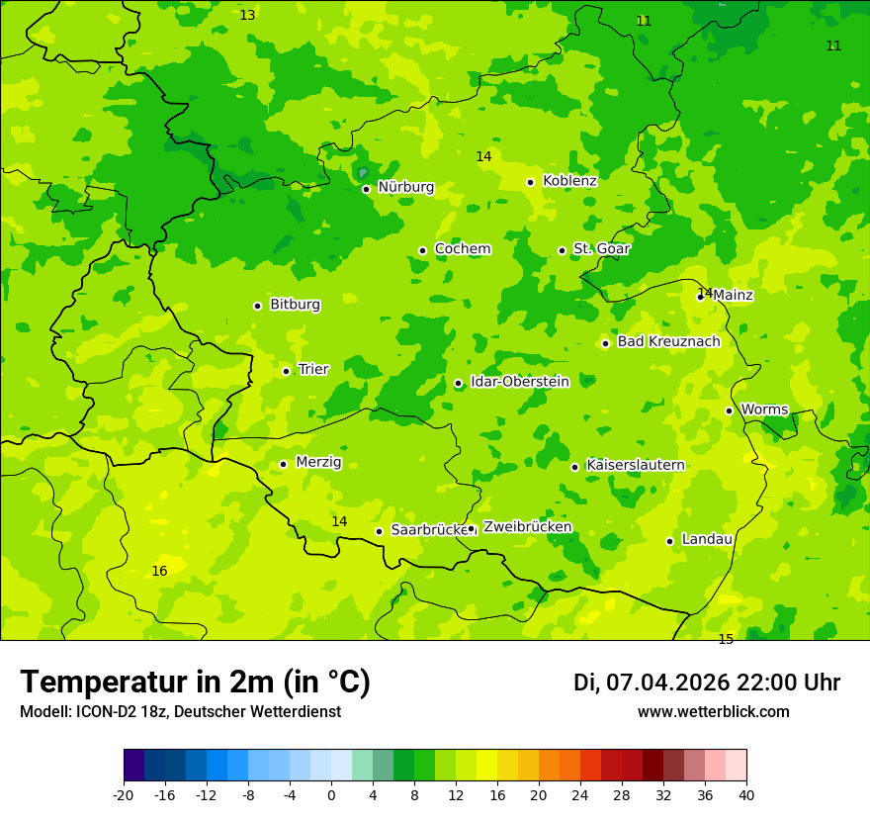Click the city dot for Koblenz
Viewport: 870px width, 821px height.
(x=531, y=182)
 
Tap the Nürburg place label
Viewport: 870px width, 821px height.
(x=405, y=187)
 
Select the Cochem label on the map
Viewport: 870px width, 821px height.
(x=463, y=249)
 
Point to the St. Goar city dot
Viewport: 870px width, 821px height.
(x=563, y=250)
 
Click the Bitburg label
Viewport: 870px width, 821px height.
(x=295, y=305)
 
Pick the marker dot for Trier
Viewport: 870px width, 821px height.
(x=287, y=371)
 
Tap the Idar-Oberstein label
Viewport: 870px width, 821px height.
(x=520, y=382)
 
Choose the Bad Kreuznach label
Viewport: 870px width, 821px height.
(x=668, y=342)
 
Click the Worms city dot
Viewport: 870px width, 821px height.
(x=730, y=410)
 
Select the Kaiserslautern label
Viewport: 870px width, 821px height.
(x=636, y=465)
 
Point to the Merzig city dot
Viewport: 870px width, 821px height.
(x=284, y=464)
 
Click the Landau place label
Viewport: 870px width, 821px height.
(x=707, y=540)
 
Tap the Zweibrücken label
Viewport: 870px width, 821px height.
(x=527, y=527)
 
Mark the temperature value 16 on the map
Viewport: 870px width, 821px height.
(x=159, y=572)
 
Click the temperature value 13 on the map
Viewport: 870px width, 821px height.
(x=247, y=16)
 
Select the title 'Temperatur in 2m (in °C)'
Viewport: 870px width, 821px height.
(x=195, y=683)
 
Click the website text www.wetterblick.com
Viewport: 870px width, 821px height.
(x=713, y=712)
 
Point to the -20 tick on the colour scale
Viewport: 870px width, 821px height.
(x=124, y=795)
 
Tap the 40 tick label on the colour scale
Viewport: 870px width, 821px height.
(x=746, y=795)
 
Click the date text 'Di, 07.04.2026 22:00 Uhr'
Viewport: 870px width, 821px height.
(x=707, y=683)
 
